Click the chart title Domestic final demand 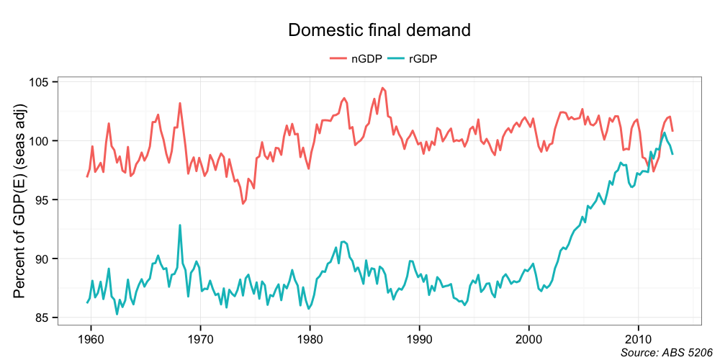tap(379, 30)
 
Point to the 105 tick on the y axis tap(40, 82)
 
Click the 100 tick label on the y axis tap(40, 141)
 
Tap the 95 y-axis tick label tap(42, 200)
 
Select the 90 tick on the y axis tap(42, 259)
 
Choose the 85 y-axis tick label tap(42, 318)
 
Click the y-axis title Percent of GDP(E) tap(20, 200)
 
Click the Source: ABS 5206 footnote tap(661, 352)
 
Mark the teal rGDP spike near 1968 tap(180, 225)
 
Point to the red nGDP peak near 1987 tap(383, 88)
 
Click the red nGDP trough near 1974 tap(243, 204)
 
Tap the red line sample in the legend tap(338, 59)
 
